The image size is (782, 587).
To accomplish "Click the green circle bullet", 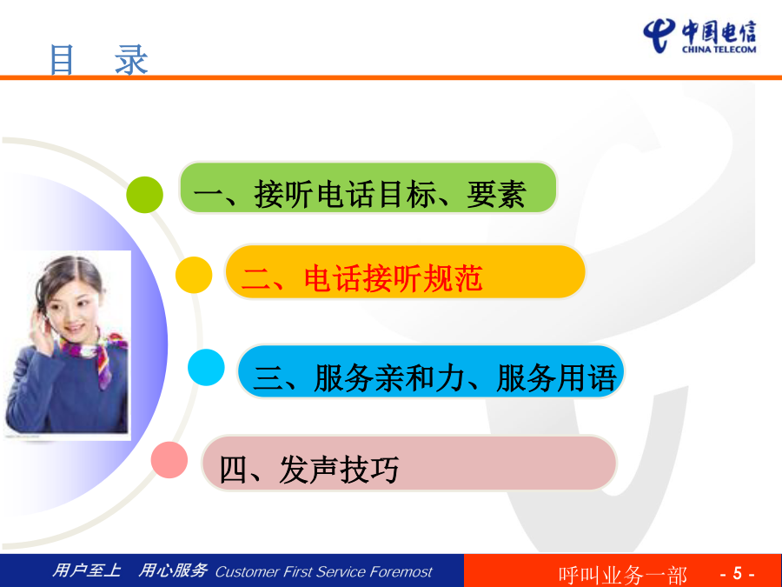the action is pyautogui.click(x=144, y=195).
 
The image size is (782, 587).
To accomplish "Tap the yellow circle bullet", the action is pyautogui.click(x=194, y=275).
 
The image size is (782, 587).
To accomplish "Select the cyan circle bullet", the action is pyautogui.click(x=206, y=367).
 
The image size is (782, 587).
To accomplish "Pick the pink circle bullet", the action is pyautogui.click(x=169, y=460).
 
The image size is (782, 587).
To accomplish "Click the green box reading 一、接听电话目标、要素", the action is pyautogui.click(x=368, y=188).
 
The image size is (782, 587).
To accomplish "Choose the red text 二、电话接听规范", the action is pyautogui.click(x=362, y=278).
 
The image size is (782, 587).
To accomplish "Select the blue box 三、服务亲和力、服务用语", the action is pyautogui.click(x=431, y=372).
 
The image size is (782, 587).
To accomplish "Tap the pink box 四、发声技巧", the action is pyautogui.click(x=409, y=463).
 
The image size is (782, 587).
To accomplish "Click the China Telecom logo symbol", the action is pyautogui.click(x=659, y=36).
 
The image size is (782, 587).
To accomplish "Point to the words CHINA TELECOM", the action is pyautogui.click(x=719, y=50).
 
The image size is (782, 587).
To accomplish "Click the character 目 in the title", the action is pyautogui.click(x=62, y=60).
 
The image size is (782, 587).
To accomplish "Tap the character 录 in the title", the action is pyautogui.click(x=132, y=60).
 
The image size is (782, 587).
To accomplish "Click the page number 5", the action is pyautogui.click(x=738, y=573).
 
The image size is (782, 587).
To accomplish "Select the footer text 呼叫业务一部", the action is pyautogui.click(x=622, y=575).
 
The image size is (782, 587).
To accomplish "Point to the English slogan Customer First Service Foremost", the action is pyautogui.click(x=324, y=571).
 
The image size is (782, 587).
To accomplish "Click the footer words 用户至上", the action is pyautogui.click(x=87, y=570).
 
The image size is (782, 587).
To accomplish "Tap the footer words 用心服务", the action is pyautogui.click(x=173, y=570).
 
